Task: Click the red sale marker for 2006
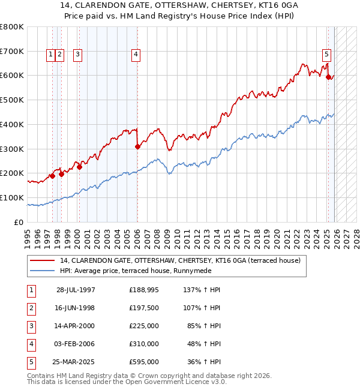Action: coord(137,146)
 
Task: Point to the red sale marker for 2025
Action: coord(328,77)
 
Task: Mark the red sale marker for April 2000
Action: coord(79,167)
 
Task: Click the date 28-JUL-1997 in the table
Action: coord(76,290)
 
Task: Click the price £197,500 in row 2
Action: coord(144,308)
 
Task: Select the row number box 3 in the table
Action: coord(31,326)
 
